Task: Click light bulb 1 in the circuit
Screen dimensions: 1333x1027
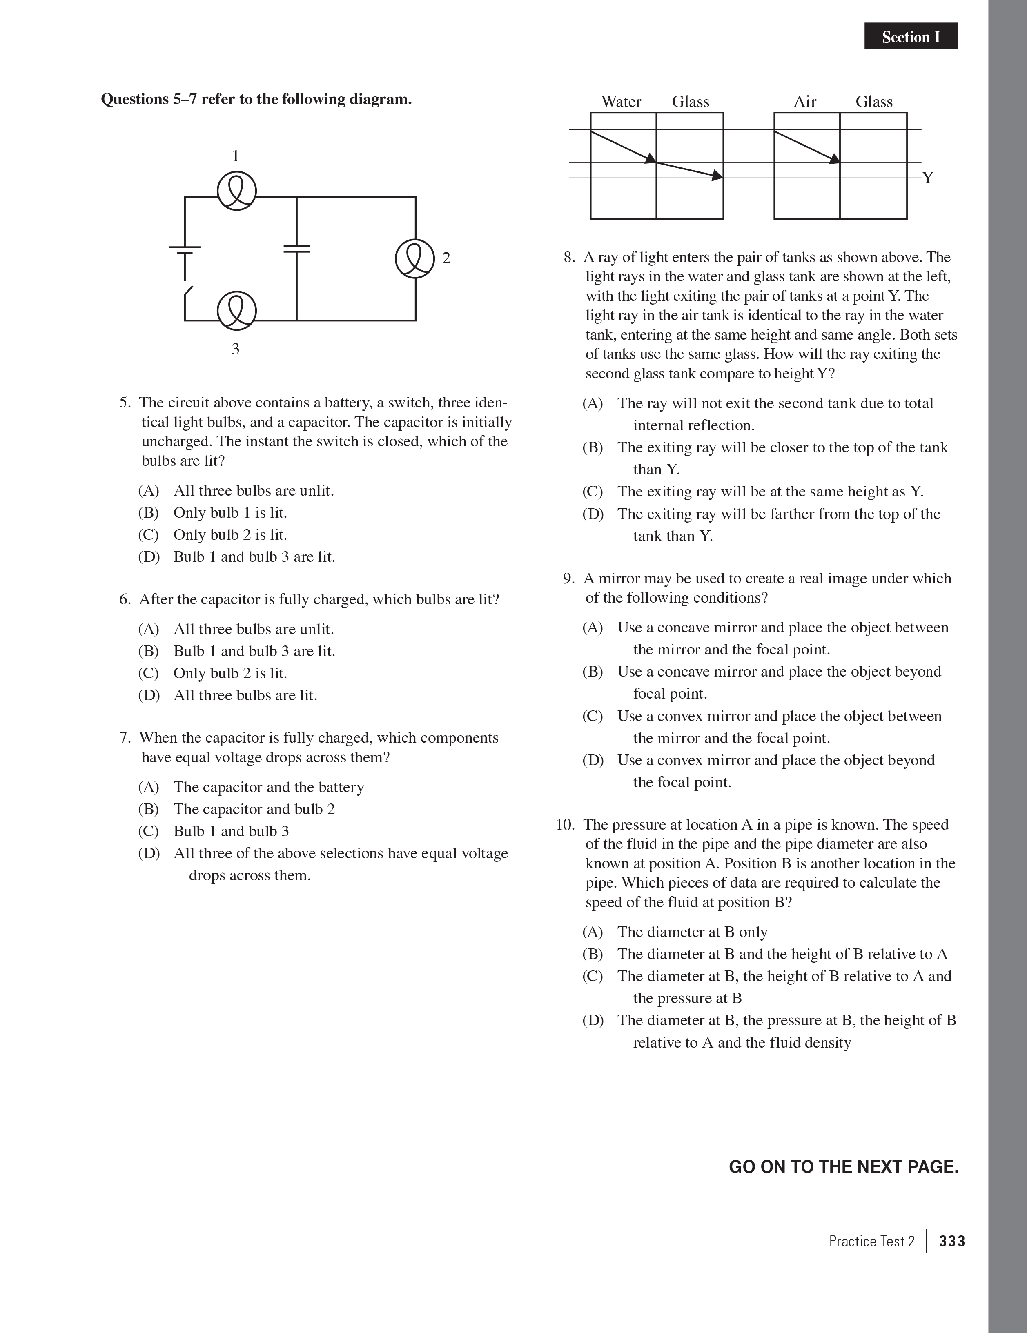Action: [237, 191]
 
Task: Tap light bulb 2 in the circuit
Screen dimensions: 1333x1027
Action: [415, 258]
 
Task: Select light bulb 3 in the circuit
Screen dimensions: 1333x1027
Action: [237, 311]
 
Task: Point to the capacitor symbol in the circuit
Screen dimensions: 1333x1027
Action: [297, 248]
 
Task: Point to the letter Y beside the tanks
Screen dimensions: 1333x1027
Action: [927, 178]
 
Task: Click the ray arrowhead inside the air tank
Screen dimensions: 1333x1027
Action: [834, 159]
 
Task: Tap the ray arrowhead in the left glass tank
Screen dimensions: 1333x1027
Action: [717, 176]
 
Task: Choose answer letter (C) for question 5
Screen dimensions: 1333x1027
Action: [148, 535]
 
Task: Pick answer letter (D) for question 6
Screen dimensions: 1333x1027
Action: [148, 695]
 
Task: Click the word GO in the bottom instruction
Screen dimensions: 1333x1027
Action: [742, 1166]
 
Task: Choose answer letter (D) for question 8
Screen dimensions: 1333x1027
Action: [592, 514]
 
